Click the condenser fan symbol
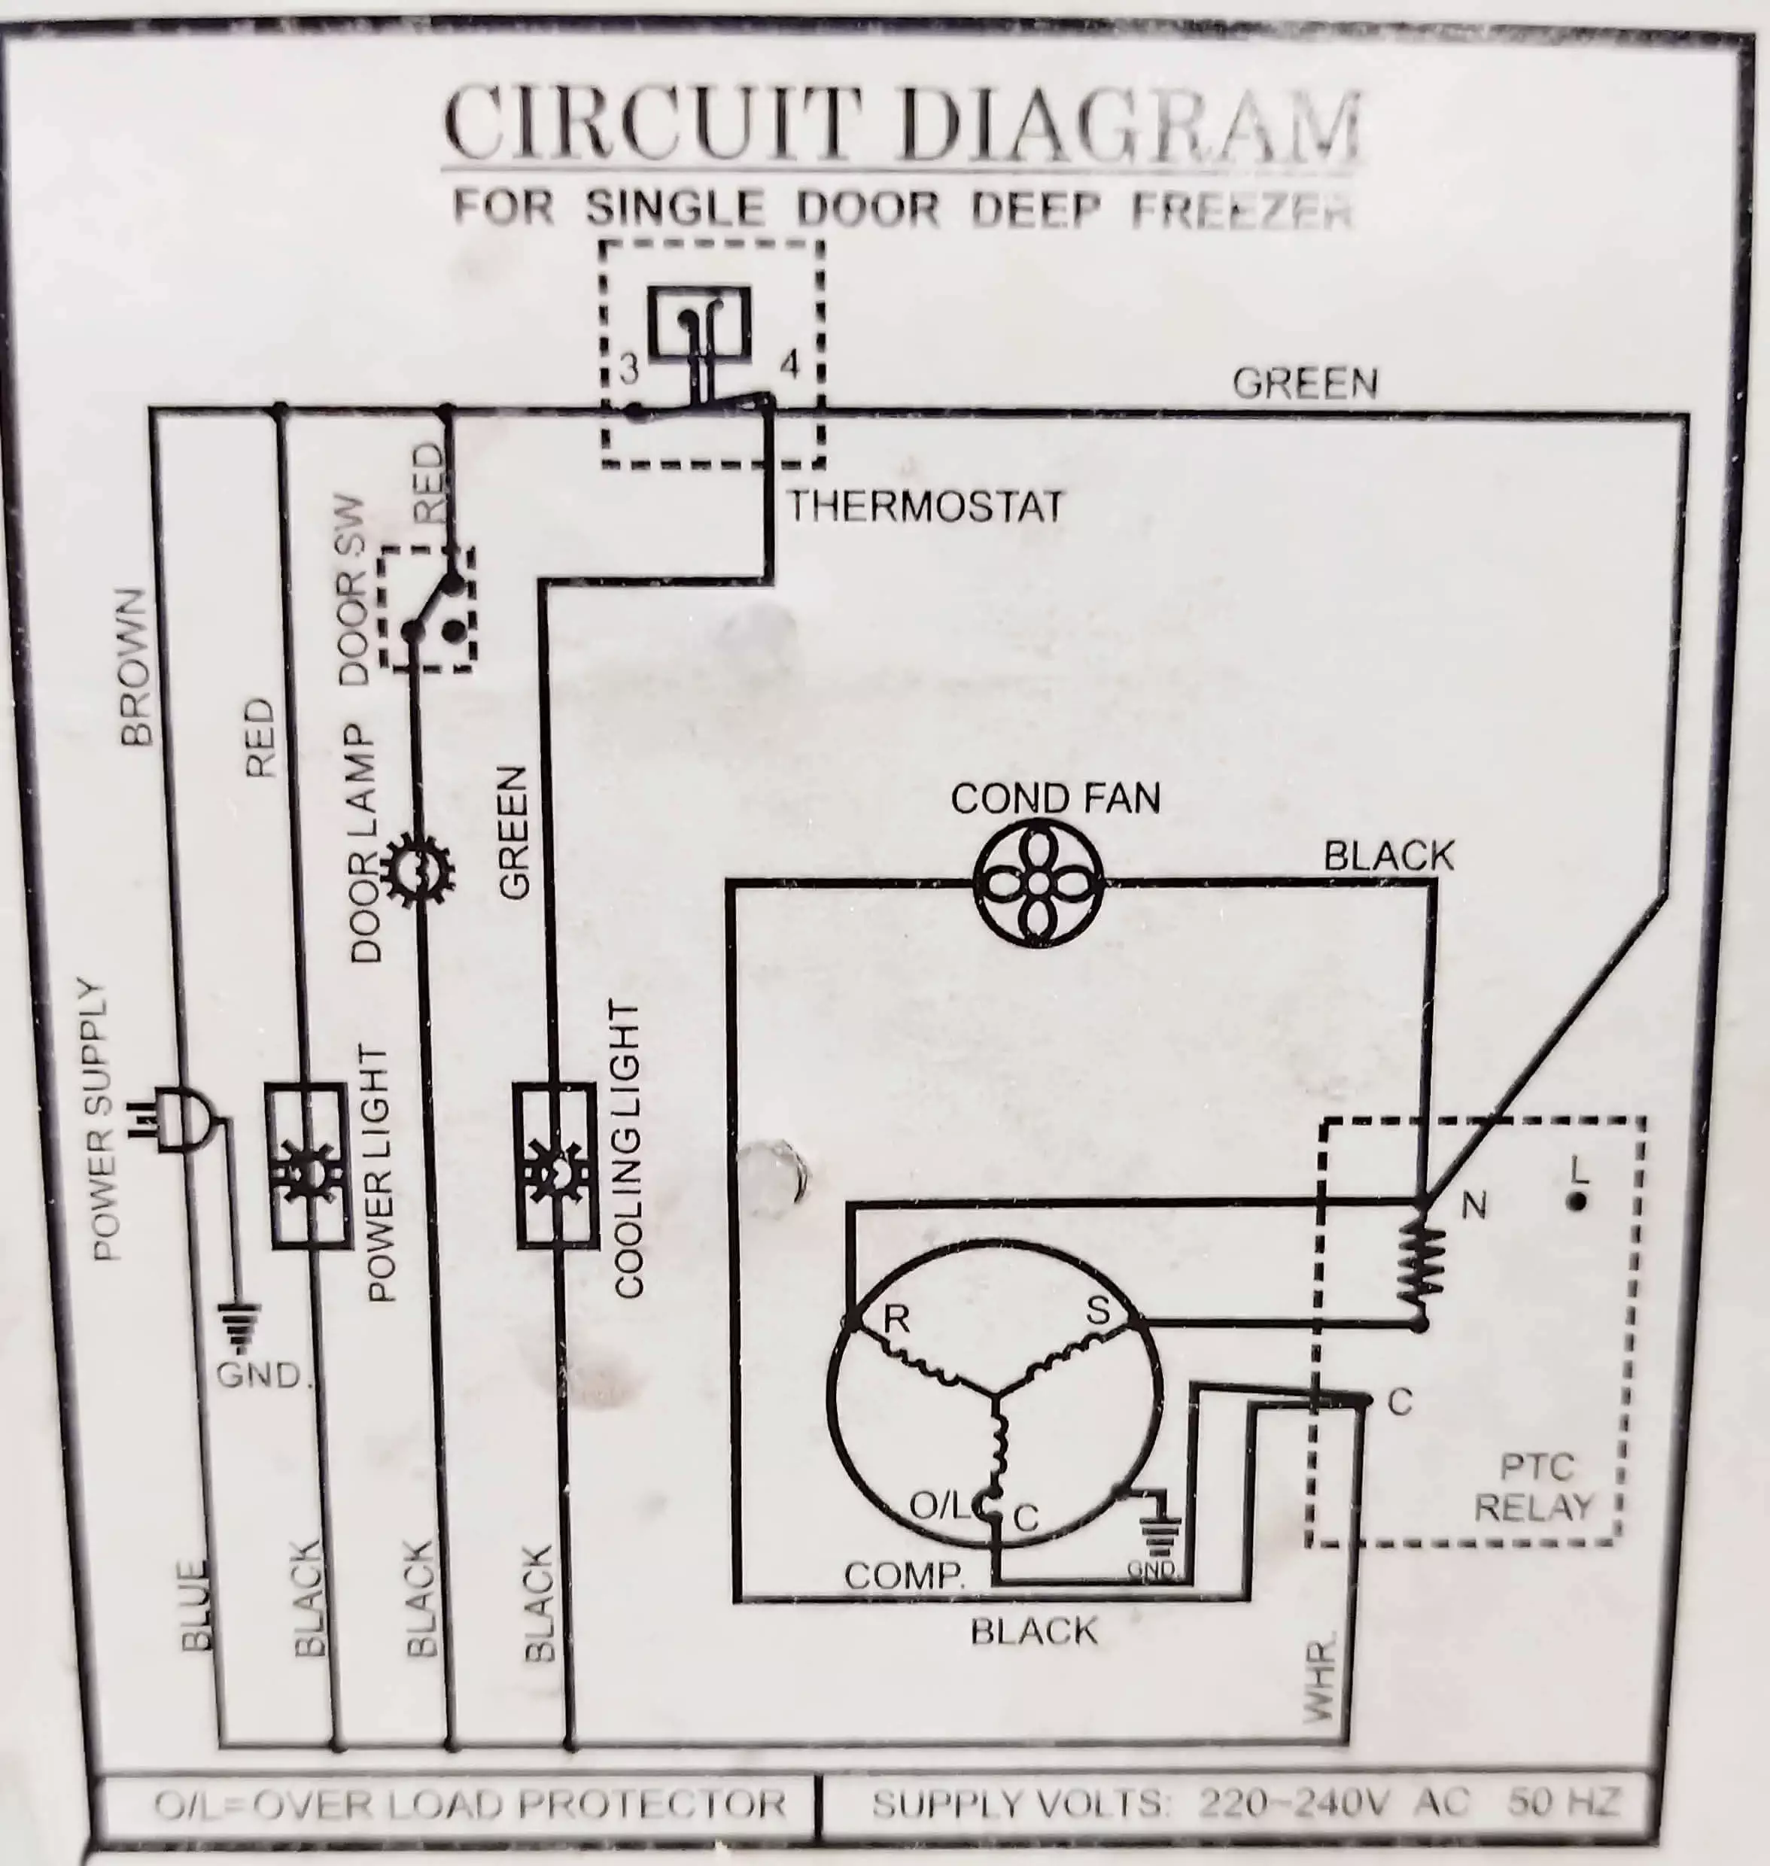pos(1038,883)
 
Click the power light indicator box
pos(306,1167)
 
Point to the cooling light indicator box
pos(557,1166)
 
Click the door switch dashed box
pos(427,609)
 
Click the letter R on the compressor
pos(896,1320)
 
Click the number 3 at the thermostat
pos(629,369)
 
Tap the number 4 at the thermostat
pos(789,365)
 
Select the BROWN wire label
pos(137,667)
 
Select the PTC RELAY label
pos(1535,1488)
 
